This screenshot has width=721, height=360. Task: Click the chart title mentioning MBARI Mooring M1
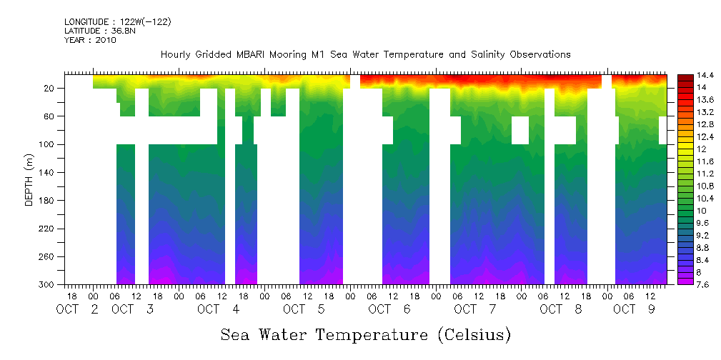pyautogui.click(x=365, y=54)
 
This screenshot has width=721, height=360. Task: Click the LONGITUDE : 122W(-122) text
pyautogui.click(x=117, y=22)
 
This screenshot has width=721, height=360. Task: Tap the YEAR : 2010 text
pyautogui.click(x=90, y=40)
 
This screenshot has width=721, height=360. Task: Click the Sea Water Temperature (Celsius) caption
pyautogui.click(x=365, y=334)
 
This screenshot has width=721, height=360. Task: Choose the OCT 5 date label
pyautogui.click(x=304, y=309)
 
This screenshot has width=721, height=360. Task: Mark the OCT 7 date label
pyautogui.click(x=475, y=309)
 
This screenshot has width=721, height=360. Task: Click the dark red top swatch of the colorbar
pyautogui.click(x=685, y=77)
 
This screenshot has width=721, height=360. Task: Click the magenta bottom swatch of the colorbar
pyautogui.click(x=685, y=281)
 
